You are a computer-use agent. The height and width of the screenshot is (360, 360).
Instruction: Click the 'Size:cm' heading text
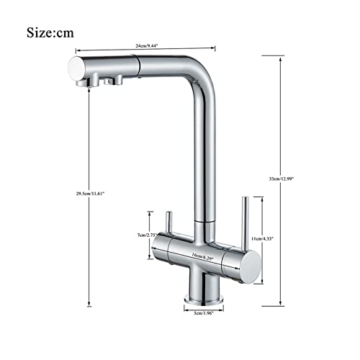(x=60, y=32)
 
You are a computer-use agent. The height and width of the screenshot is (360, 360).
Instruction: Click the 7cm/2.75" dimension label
(x=148, y=235)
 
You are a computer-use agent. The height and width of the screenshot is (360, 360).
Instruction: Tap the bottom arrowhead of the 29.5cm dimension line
(x=89, y=303)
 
